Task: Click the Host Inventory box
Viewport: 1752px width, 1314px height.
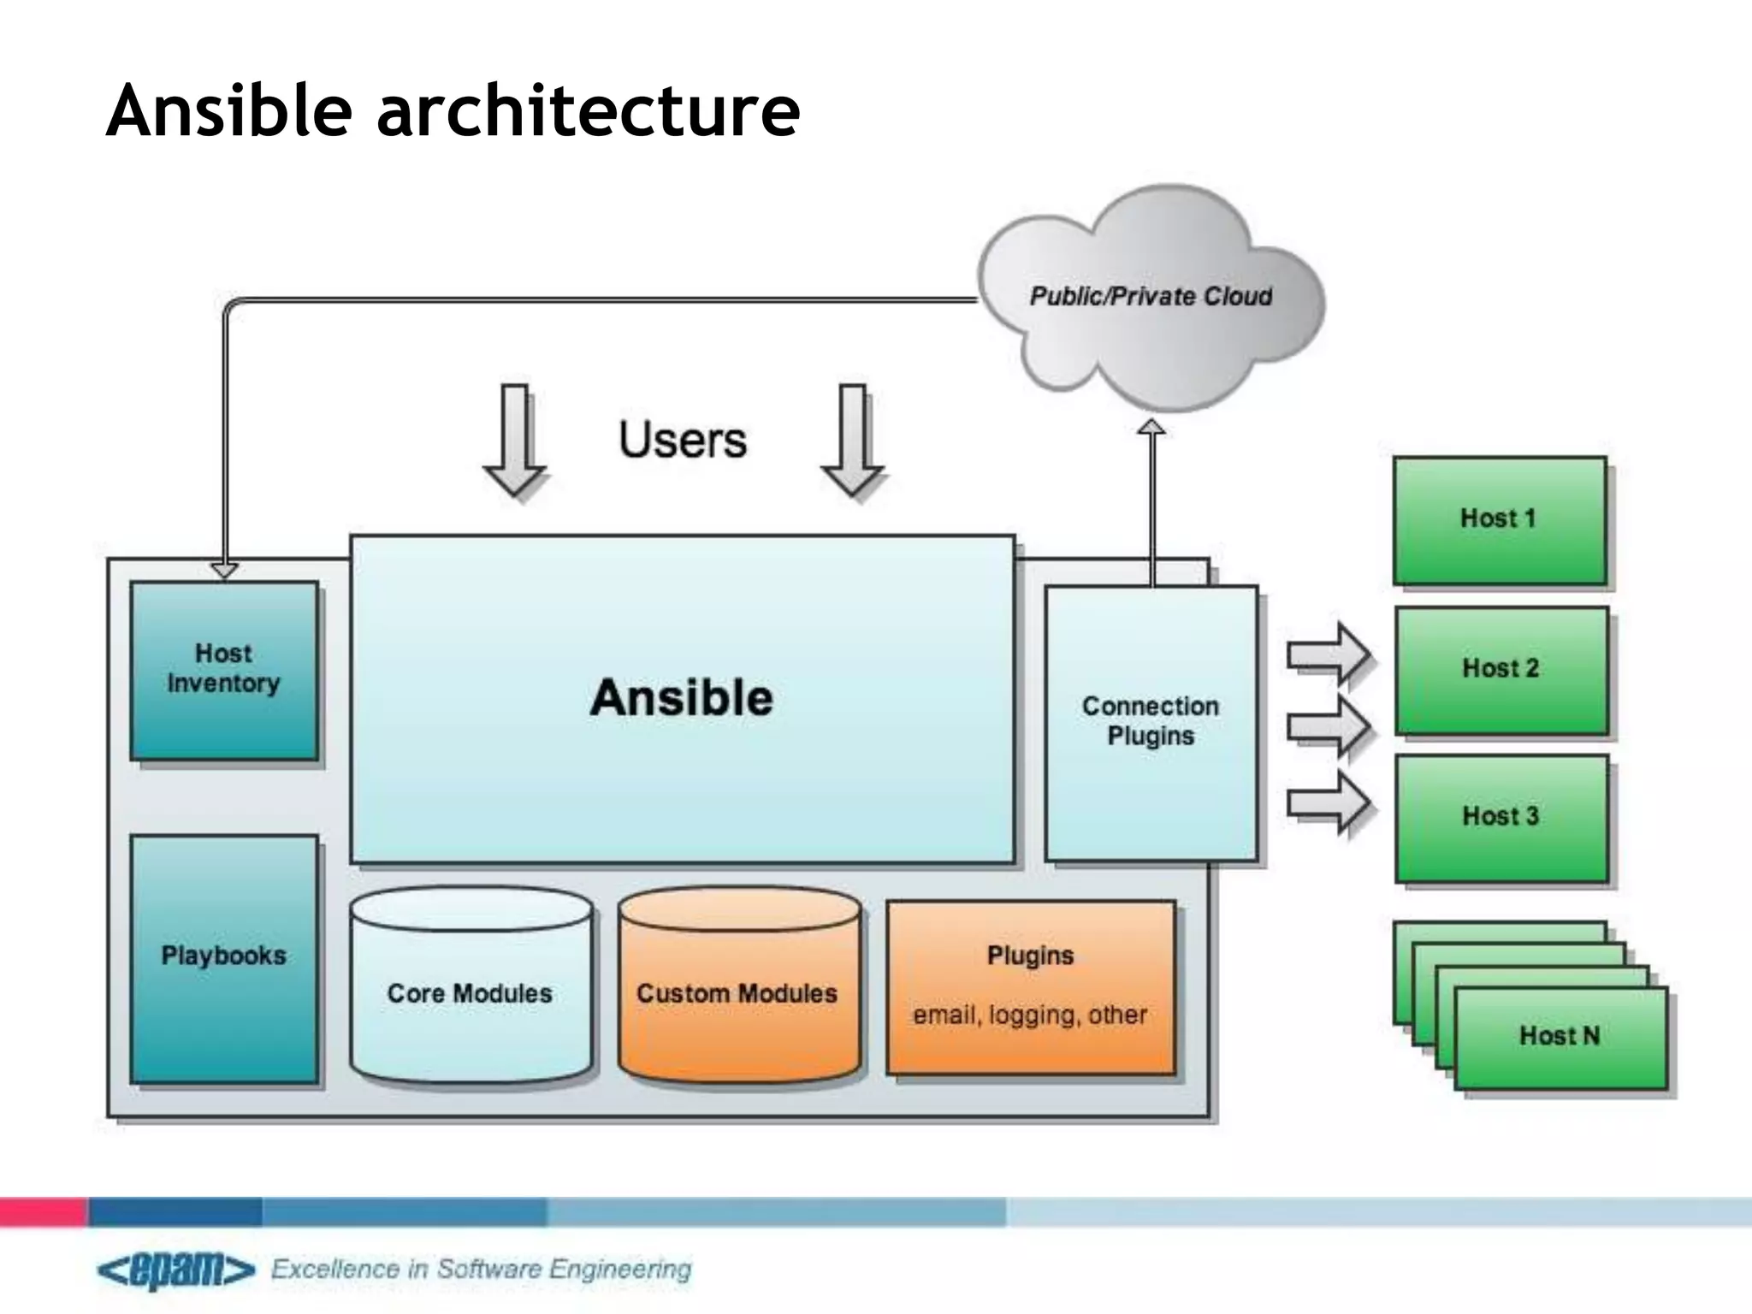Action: pyautogui.click(x=223, y=670)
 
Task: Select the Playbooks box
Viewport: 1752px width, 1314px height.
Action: pyautogui.click(x=223, y=958)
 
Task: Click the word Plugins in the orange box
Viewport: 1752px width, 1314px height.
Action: pyautogui.click(x=1030, y=956)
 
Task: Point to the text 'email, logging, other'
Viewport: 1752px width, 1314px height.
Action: pyautogui.click(x=1030, y=1015)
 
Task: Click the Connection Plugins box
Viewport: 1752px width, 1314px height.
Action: pyautogui.click(x=1151, y=721)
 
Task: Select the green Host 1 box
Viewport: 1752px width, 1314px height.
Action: pyautogui.click(x=1499, y=519)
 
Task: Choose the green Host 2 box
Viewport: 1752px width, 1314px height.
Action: pyautogui.click(x=1501, y=669)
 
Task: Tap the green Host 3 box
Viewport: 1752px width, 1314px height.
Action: pyautogui.click(x=1501, y=817)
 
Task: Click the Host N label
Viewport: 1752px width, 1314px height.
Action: pyautogui.click(x=1560, y=1036)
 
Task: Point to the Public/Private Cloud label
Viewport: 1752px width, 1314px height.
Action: pyautogui.click(x=1151, y=297)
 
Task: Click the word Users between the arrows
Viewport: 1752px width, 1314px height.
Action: pyautogui.click(x=683, y=440)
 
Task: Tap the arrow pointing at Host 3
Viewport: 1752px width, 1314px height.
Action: pyautogui.click(x=1330, y=802)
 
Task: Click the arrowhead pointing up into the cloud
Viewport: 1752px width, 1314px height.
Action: pyautogui.click(x=1152, y=428)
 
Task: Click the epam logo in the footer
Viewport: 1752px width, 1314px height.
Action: pyautogui.click(x=176, y=1270)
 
